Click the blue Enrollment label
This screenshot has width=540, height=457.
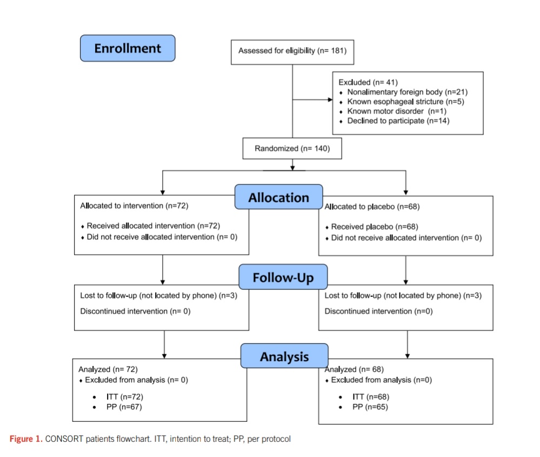[128, 48]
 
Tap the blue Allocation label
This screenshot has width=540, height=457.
[278, 197]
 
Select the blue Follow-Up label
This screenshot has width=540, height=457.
[283, 277]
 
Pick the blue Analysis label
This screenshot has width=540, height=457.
[284, 356]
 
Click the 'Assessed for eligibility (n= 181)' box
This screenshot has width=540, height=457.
[292, 52]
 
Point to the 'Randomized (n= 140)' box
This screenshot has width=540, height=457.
[292, 149]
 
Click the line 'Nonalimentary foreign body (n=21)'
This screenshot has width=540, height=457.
[408, 92]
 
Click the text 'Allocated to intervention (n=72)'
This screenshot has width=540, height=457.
[134, 206]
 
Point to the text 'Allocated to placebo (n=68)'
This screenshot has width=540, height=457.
[372, 207]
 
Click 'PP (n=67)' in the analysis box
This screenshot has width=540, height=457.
[124, 407]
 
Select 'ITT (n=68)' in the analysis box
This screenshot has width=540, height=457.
[371, 397]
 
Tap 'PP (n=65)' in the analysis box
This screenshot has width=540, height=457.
[370, 407]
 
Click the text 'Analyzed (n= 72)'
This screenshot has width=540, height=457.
[108, 369]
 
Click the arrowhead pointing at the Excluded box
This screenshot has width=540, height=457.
[330, 100]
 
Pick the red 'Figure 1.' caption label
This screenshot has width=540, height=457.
[26, 439]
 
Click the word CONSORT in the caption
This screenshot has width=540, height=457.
[64, 439]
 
